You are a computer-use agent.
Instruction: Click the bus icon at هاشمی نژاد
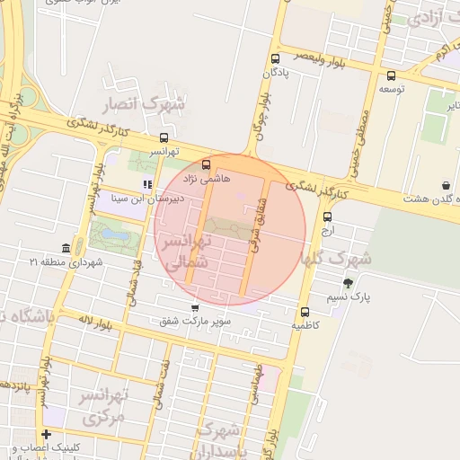pos(207,165)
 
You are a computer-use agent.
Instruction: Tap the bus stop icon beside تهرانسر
pos(164,138)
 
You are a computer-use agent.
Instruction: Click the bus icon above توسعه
pos(391,76)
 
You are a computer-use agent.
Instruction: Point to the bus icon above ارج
pos(327,217)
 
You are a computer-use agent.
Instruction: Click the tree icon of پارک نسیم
pos(348,282)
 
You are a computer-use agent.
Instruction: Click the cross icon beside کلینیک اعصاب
pos(45,435)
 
